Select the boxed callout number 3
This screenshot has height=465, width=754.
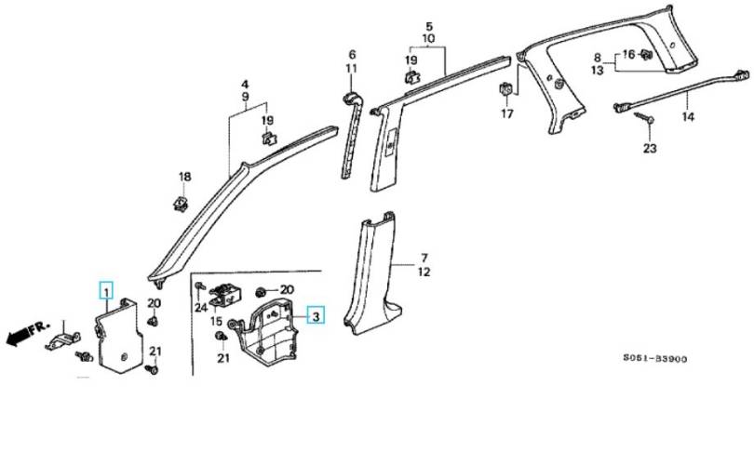pos(316,316)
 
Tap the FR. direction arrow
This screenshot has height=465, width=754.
pos(27,333)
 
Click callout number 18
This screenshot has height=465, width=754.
pos(184,177)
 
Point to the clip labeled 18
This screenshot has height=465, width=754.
pos(181,203)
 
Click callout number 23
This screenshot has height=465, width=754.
pos(650,149)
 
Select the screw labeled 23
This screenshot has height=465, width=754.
pos(643,117)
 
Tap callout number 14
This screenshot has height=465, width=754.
pos(688,116)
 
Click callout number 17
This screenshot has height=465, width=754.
pos(507,113)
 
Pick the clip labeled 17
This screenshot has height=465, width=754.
pos(505,90)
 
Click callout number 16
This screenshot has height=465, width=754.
pos(628,54)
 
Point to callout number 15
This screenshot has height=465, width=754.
pos(216,321)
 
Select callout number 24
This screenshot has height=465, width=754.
pos(201,307)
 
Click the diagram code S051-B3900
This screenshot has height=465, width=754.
pos(655,359)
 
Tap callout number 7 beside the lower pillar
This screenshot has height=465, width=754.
pos(424,258)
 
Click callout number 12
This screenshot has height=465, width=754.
pos(424,272)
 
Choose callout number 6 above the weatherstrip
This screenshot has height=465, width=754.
pos(352,54)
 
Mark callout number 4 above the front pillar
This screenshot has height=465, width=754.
pos(245,84)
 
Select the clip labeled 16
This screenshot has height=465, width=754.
pos(645,55)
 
